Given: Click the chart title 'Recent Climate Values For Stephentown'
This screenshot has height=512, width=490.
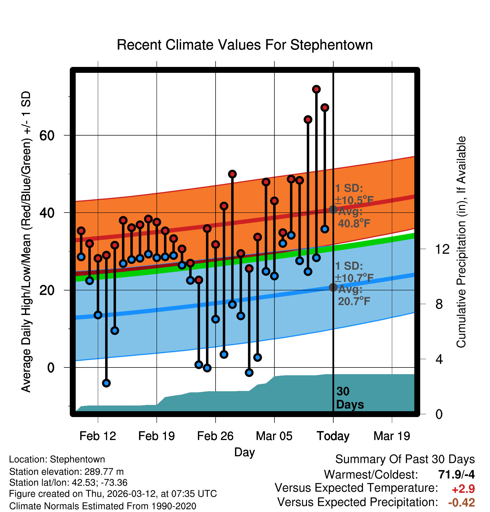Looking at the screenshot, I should [x=245, y=45].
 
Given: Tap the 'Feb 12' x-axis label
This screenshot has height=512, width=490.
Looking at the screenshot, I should [x=98, y=436].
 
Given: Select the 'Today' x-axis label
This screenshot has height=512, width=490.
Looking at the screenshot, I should [x=333, y=436].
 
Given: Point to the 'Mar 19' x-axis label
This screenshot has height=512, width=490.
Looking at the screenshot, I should [x=392, y=436].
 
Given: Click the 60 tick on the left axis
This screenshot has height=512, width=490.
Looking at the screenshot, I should [x=47, y=136].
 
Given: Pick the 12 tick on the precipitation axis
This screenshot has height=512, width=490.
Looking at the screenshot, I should [x=442, y=249].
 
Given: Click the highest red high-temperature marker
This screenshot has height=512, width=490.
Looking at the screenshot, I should [x=316, y=89].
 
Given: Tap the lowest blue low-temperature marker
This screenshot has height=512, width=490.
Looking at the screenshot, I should [x=106, y=383].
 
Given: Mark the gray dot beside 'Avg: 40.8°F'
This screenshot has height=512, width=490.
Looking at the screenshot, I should [x=333, y=209].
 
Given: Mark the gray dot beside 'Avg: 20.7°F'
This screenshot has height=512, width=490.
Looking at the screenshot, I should [x=333, y=287].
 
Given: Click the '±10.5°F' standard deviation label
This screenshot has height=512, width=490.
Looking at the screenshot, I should [x=354, y=200].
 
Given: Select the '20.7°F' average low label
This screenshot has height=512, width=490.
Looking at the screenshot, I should [x=354, y=301].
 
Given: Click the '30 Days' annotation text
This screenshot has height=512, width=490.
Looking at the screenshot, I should [x=350, y=398].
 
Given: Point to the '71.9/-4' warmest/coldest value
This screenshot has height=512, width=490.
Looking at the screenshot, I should [x=456, y=474].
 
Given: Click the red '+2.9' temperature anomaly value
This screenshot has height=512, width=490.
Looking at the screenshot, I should [x=463, y=489].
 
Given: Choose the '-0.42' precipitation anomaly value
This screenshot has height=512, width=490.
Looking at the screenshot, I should [x=461, y=502].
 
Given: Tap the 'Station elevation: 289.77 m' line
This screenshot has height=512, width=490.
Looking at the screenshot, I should [x=66, y=472].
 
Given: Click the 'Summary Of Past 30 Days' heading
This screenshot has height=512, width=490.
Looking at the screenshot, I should [x=405, y=459].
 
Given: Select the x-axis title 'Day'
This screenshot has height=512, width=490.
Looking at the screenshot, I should [x=244, y=452].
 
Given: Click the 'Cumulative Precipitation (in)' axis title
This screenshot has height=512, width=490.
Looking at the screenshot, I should [x=461, y=242].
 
